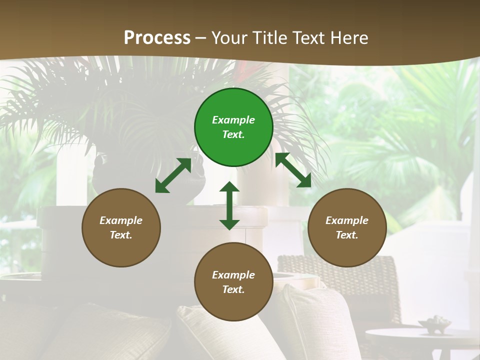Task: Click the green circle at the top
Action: point(233,127)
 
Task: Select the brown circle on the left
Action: point(121,227)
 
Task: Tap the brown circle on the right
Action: point(347,227)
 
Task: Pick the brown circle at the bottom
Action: point(233,282)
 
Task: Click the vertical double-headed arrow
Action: point(229,205)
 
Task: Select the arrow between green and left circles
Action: point(173,175)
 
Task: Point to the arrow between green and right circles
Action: point(293,170)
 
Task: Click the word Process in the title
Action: point(157,38)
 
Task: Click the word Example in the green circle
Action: point(233,120)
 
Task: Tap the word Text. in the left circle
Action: point(121,235)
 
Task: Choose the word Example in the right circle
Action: point(347,220)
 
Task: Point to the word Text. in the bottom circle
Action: point(233,289)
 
